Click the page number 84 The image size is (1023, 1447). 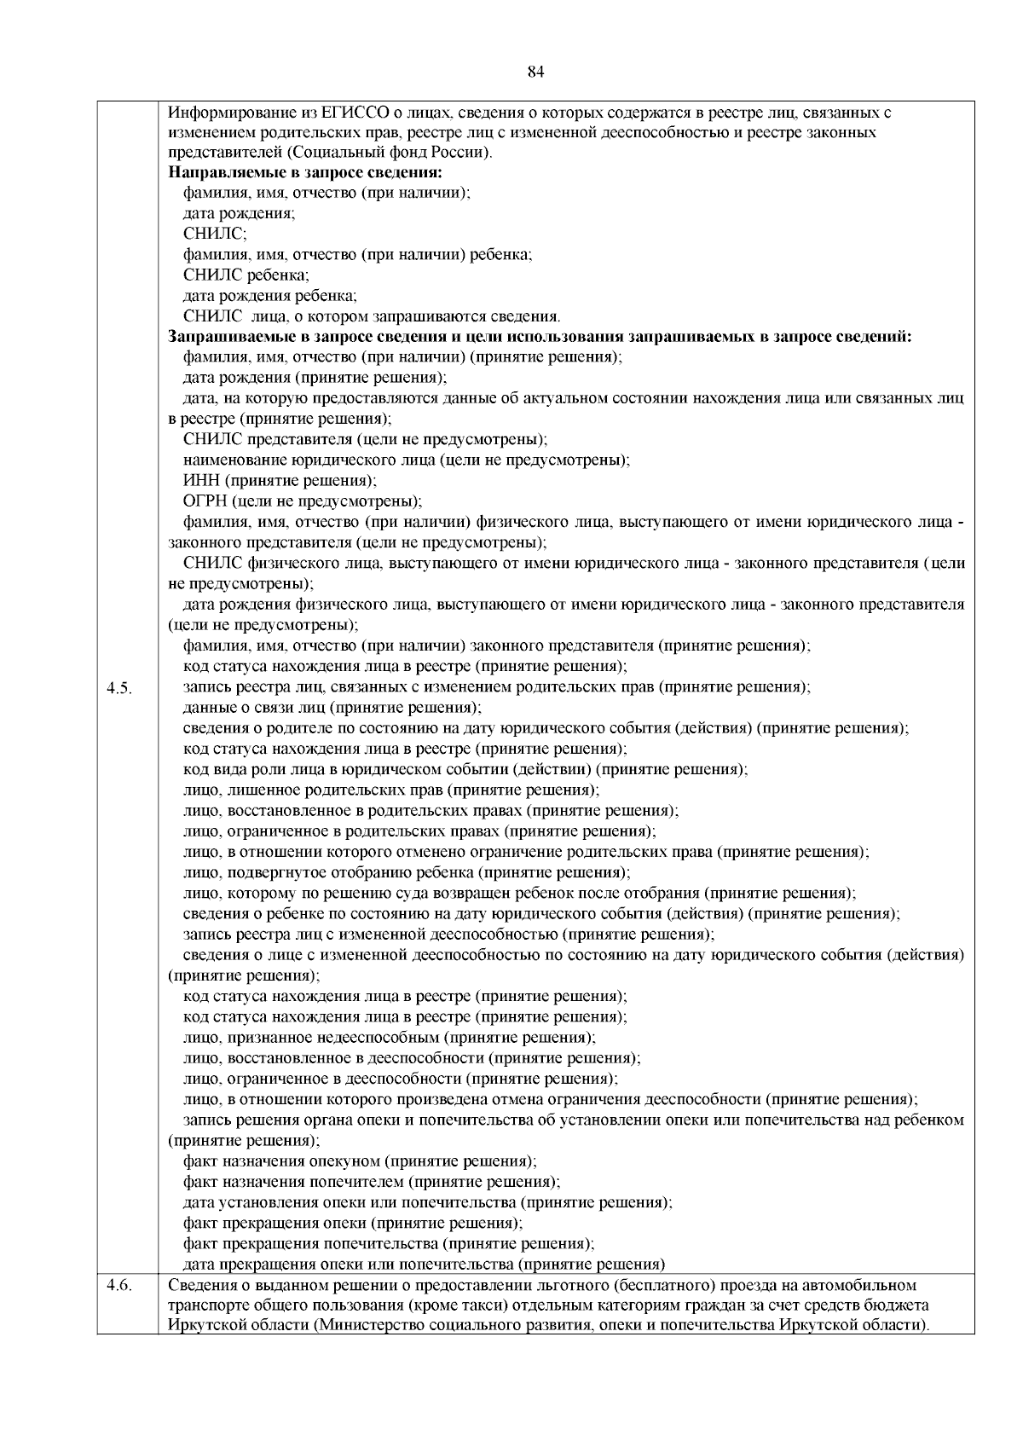click(x=536, y=72)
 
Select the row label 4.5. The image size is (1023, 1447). click(x=118, y=688)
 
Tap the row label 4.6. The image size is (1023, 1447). click(x=118, y=1286)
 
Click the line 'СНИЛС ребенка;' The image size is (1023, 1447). click(x=246, y=275)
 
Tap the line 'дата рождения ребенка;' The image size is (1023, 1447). click(x=270, y=296)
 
